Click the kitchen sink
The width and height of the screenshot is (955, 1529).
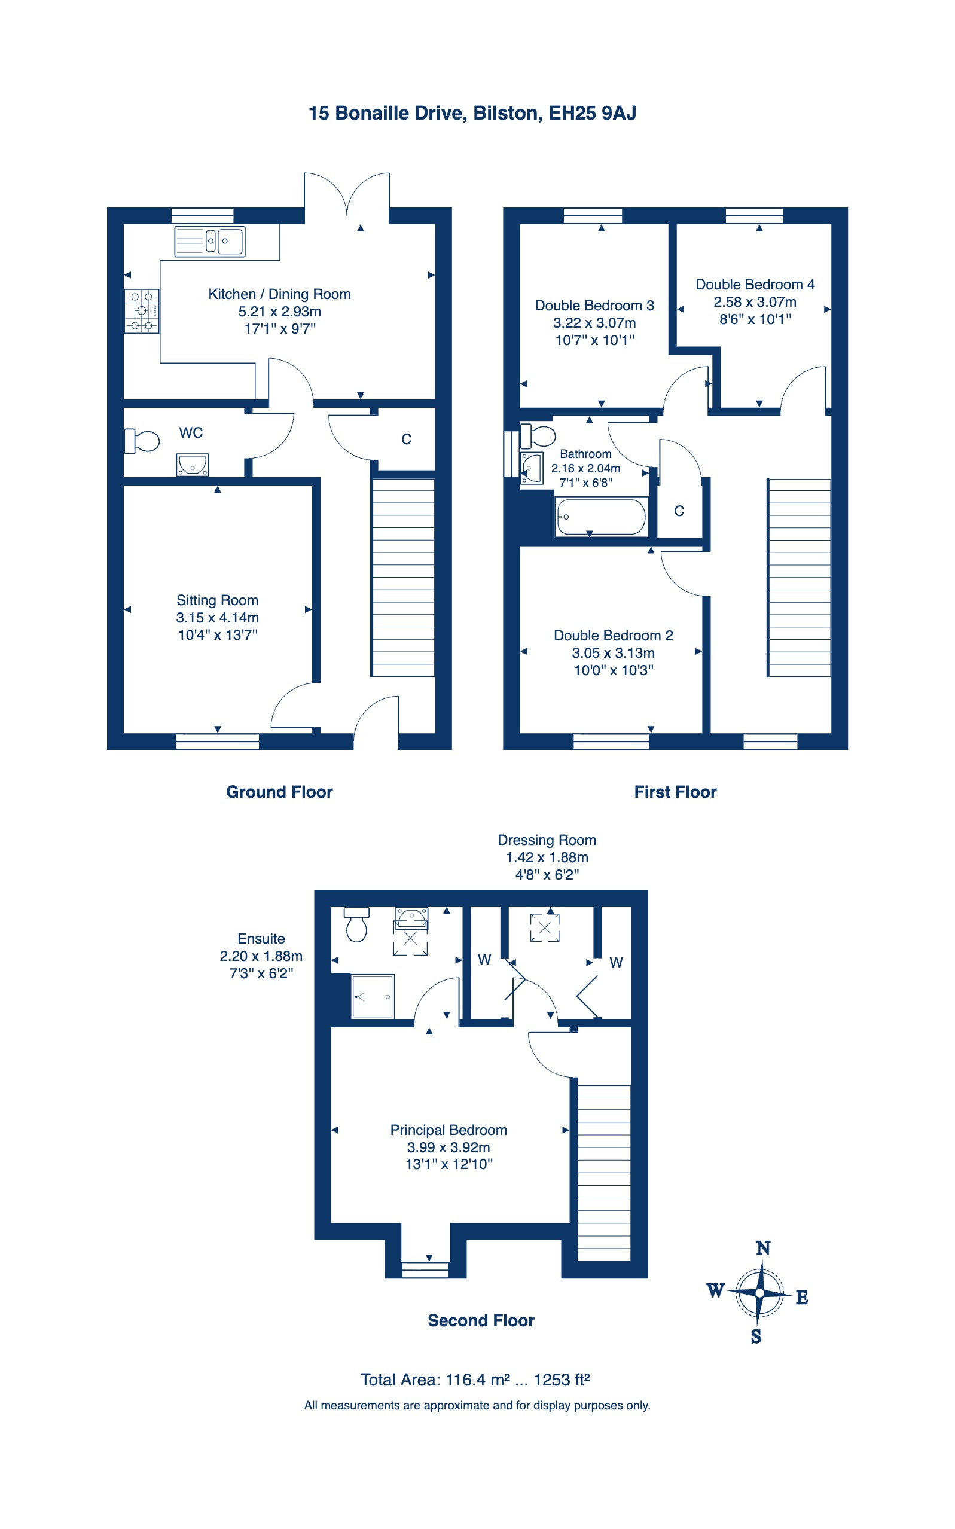pyautogui.click(x=210, y=241)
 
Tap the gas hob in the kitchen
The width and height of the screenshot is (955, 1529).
pyautogui.click(x=142, y=311)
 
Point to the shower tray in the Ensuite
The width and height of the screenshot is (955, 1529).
pyautogui.click(x=373, y=997)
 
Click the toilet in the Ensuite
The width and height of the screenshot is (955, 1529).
pyautogui.click(x=356, y=924)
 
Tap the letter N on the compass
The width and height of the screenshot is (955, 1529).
pyautogui.click(x=763, y=1249)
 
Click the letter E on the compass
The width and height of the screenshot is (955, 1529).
pyautogui.click(x=801, y=1298)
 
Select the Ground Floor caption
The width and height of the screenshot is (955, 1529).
pyautogui.click(x=279, y=792)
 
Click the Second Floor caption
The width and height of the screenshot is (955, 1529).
pyautogui.click(x=481, y=1320)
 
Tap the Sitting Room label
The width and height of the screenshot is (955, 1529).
pyautogui.click(x=217, y=600)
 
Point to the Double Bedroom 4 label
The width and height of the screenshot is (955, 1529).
pyautogui.click(x=755, y=285)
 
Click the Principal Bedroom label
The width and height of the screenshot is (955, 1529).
pyautogui.click(x=448, y=1130)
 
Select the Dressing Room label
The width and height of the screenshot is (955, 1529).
pyautogui.click(x=547, y=840)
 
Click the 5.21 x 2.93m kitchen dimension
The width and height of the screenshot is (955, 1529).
pyautogui.click(x=280, y=312)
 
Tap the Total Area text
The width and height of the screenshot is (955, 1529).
pyautogui.click(x=475, y=1380)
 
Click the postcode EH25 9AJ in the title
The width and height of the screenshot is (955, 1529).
pyautogui.click(x=593, y=113)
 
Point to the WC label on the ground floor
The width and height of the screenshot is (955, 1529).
pyautogui.click(x=191, y=432)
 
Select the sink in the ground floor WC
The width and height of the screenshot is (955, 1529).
pyautogui.click(x=192, y=465)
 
